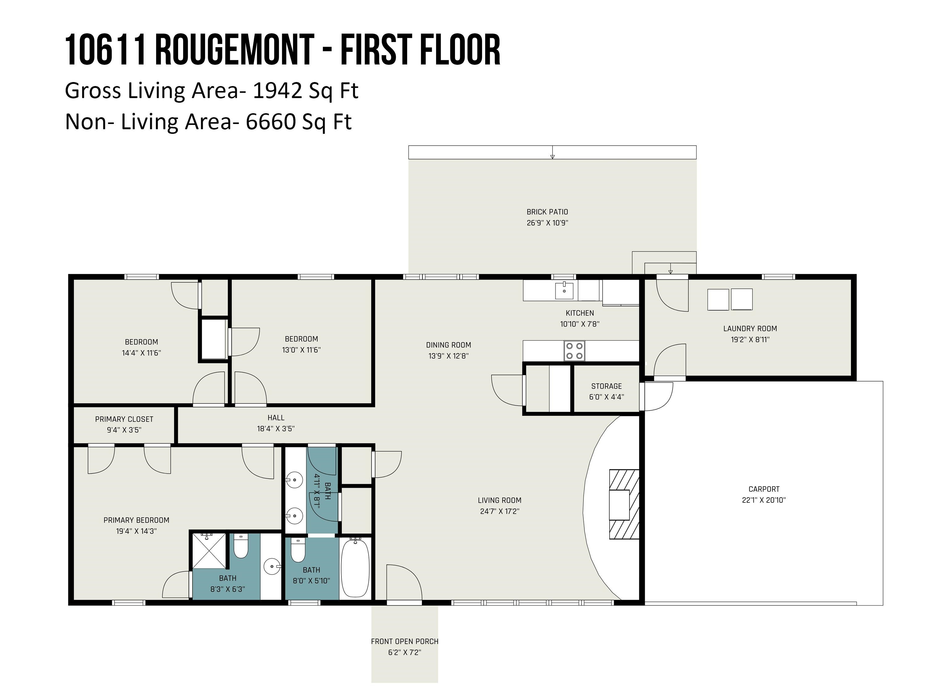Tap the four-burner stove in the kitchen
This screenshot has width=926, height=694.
pos(574,351)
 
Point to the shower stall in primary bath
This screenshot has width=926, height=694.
pos(209,551)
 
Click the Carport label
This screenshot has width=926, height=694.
pos(764,489)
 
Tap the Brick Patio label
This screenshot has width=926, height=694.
pos(547,212)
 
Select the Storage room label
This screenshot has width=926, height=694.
pos(606,386)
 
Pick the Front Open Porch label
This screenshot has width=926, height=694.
pos(404,641)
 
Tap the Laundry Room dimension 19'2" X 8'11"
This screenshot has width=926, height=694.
pos(750,339)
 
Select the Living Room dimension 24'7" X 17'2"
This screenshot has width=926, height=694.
pos(499,511)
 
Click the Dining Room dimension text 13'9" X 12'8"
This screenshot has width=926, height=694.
pos(448,356)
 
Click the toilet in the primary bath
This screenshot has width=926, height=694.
pos(241,546)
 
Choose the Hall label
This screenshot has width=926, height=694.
pos(276,418)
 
